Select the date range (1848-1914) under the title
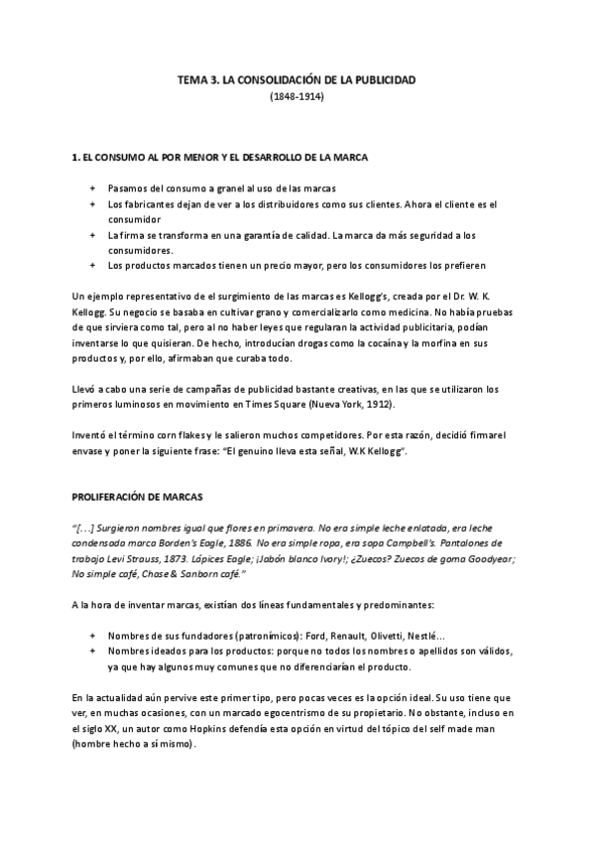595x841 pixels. tap(297, 97)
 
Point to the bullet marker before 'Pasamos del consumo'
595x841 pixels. tap(92, 188)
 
